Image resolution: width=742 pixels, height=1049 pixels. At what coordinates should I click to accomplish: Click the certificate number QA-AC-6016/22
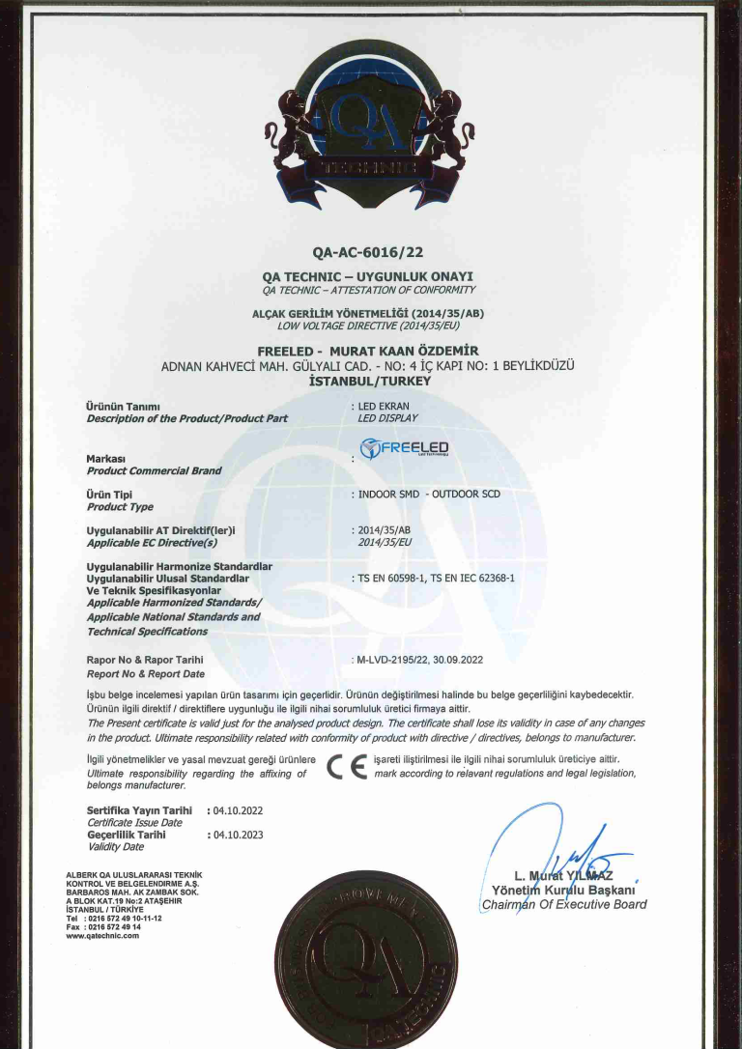368,254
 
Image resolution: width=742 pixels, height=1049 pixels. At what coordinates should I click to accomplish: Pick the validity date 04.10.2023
236,835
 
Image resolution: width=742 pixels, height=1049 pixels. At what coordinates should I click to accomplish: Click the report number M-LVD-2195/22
394,660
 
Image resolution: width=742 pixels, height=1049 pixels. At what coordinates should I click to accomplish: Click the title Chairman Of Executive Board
563,905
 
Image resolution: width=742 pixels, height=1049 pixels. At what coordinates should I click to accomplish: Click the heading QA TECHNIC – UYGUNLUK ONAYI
368,276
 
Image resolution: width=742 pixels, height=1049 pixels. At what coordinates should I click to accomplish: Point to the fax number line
107,926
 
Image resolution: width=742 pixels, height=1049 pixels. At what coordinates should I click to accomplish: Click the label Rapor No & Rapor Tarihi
144,660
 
